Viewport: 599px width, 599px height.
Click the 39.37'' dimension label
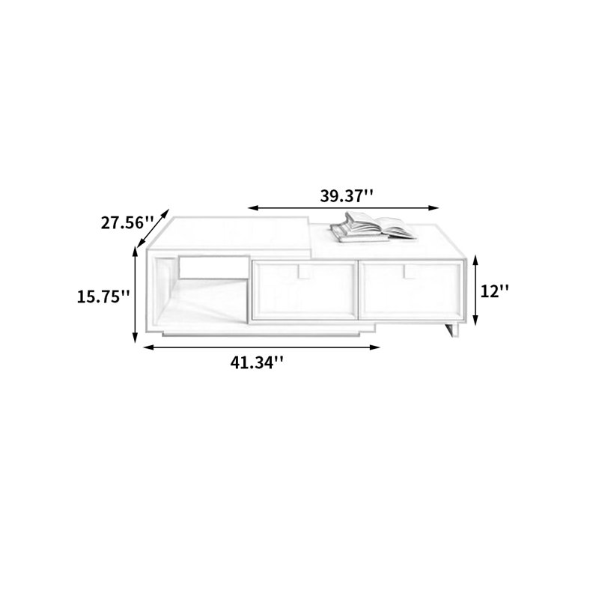346,196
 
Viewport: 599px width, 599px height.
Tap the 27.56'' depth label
127,222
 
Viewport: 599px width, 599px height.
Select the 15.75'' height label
103,297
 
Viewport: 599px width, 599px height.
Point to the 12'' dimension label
494,292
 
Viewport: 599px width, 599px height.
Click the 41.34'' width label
257,362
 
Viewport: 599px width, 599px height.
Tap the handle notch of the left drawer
305,271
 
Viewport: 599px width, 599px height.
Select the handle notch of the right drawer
410,271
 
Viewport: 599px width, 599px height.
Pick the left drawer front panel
305,291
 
